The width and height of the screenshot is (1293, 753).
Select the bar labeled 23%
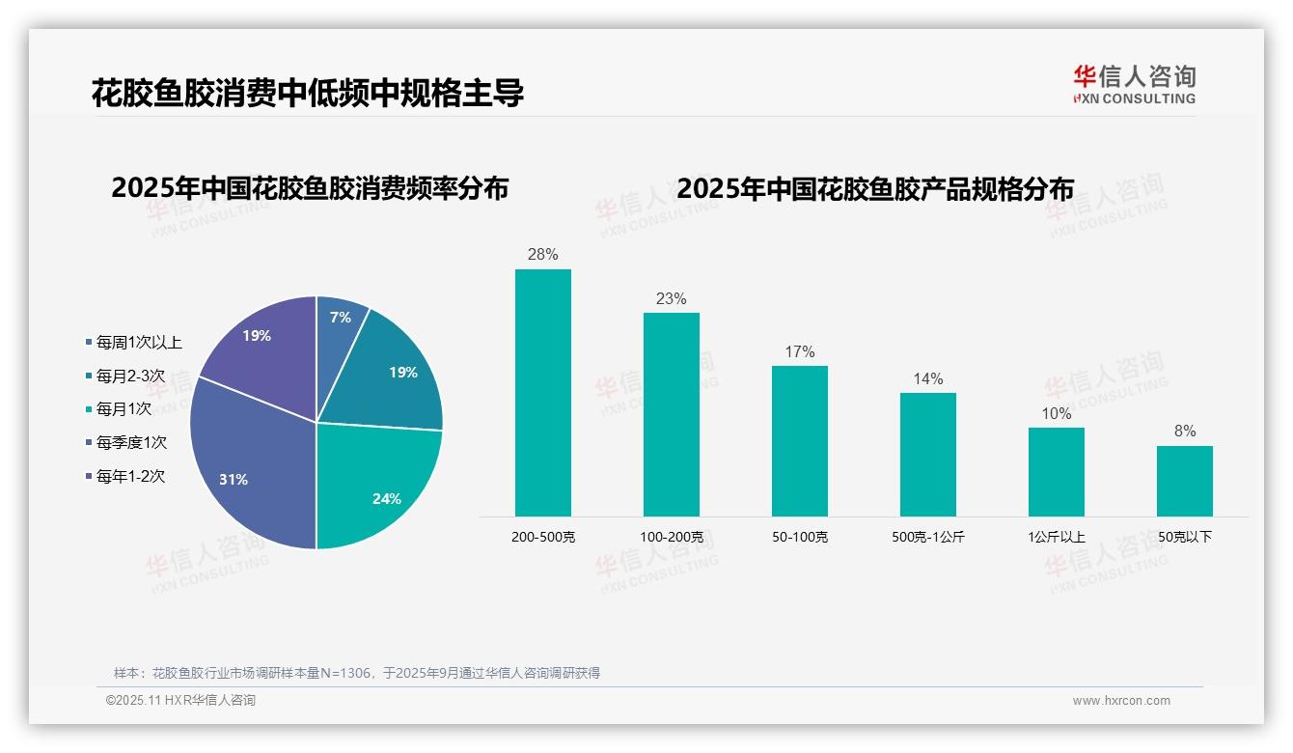pyautogui.click(x=672, y=414)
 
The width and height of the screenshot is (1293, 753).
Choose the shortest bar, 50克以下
pyautogui.click(x=1185, y=481)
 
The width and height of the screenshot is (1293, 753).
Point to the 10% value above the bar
pyautogui.click(x=1057, y=414)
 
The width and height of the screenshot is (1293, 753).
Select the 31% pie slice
pyautogui.click(x=246, y=463)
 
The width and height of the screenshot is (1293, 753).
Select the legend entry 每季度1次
pyautogui.click(x=131, y=442)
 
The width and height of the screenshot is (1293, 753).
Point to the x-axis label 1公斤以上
pyautogui.click(x=1057, y=537)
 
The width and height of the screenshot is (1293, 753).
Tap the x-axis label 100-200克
pyautogui.click(x=672, y=537)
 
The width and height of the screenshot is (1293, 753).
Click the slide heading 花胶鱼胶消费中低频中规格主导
pyautogui.click(x=308, y=93)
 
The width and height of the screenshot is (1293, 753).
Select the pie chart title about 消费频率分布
pyautogui.click(x=310, y=188)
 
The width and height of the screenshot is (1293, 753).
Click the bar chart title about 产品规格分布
pyautogui.click(x=875, y=189)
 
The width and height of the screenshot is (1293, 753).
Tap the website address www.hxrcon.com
pyautogui.click(x=1121, y=701)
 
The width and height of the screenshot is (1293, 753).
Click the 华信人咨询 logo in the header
pyautogui.click(x=1134, y=84)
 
